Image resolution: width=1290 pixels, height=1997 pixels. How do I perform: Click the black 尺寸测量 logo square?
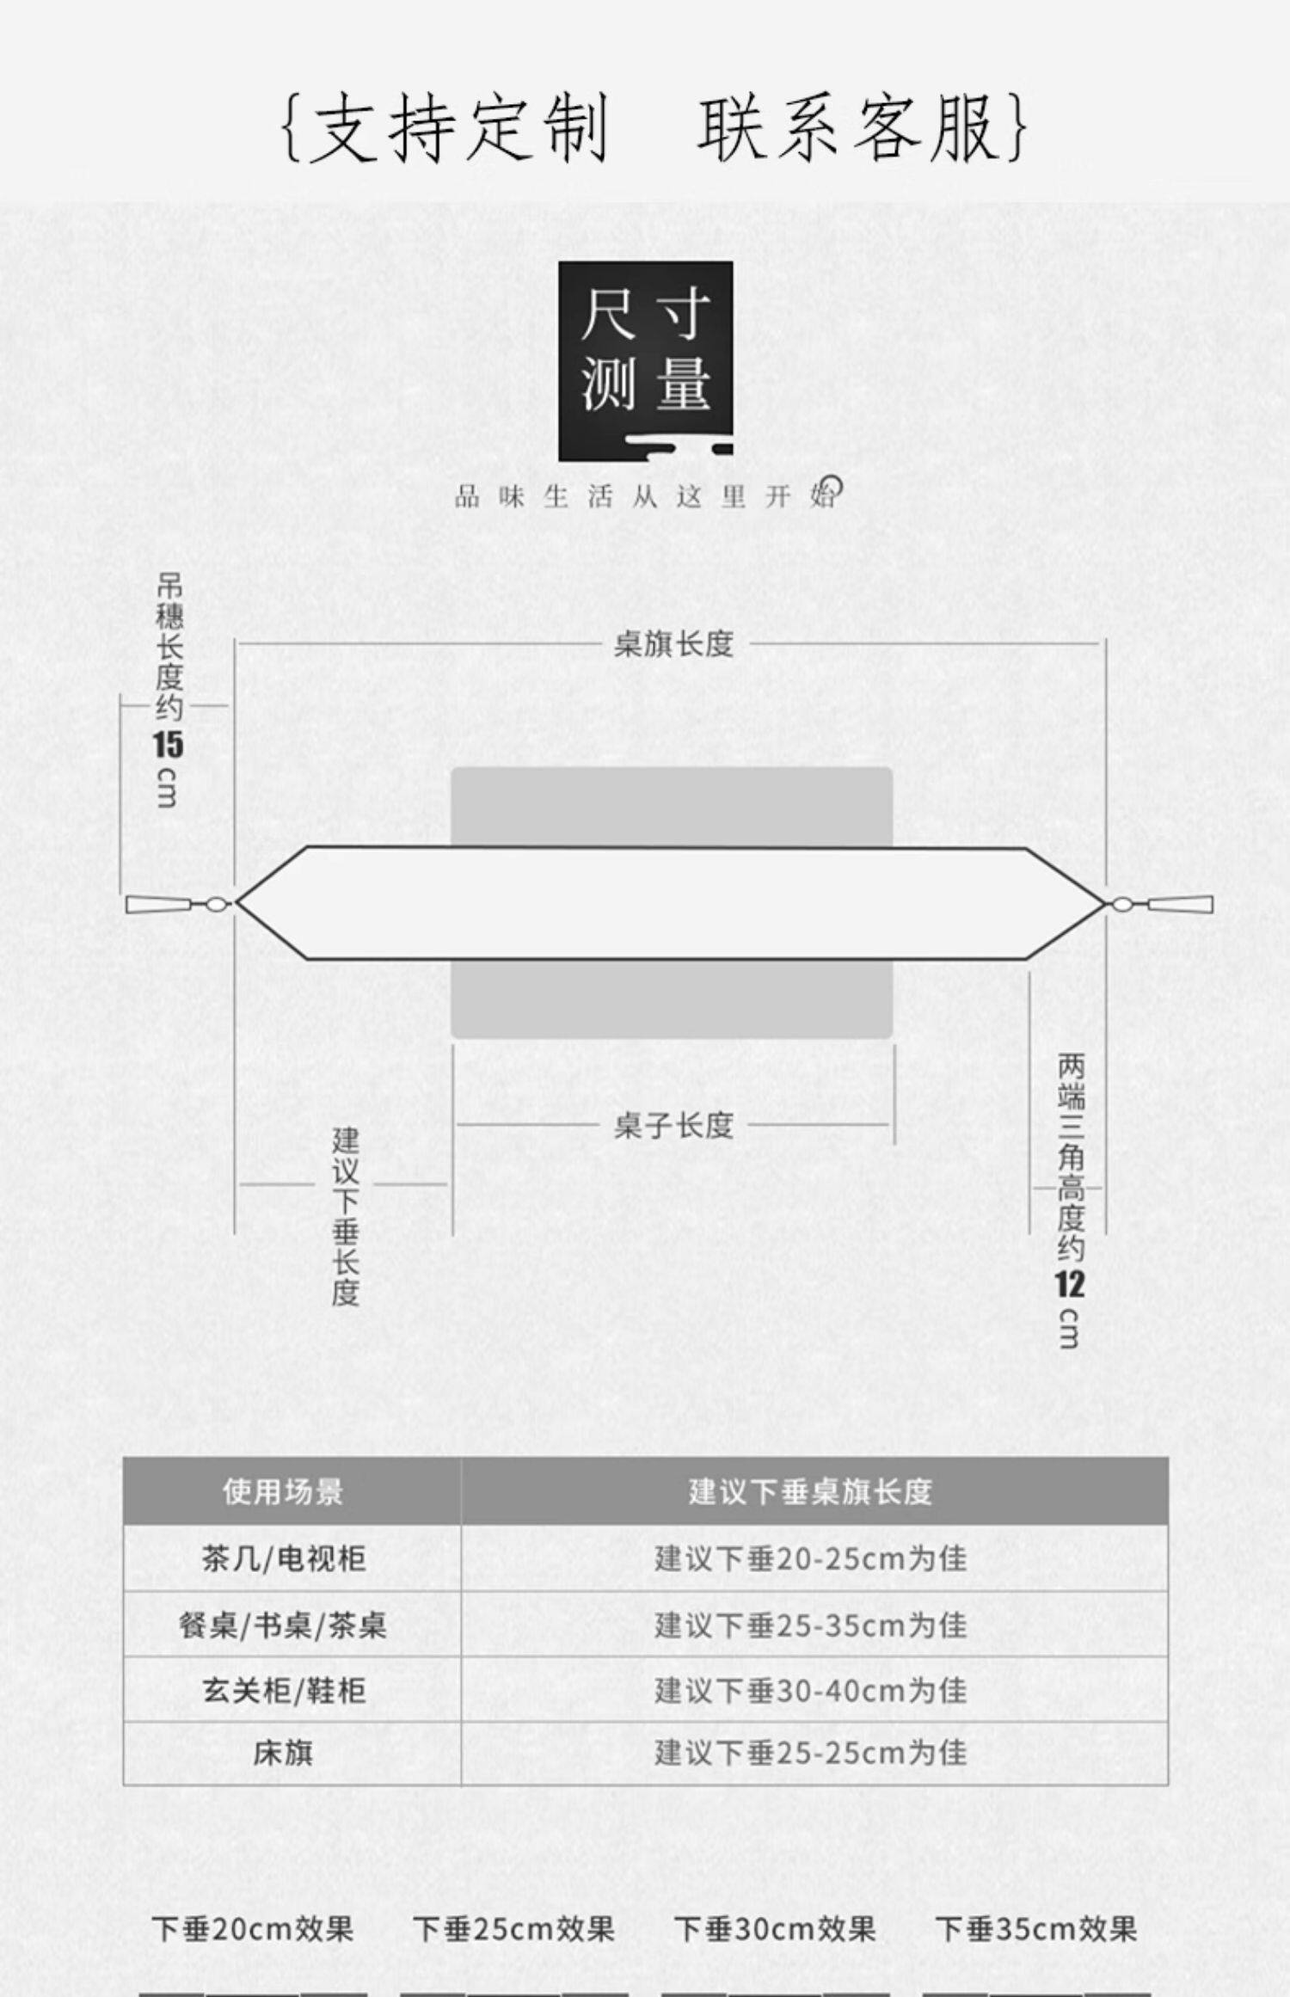click(646, 361)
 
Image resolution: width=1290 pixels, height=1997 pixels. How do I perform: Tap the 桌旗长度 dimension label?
click(673, 644)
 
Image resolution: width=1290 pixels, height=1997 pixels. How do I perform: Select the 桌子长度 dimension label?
click(673, 1125)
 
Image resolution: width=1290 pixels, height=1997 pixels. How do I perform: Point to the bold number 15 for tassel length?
click(169, 745)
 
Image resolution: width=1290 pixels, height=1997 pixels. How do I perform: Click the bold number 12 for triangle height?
click(1070, 1285)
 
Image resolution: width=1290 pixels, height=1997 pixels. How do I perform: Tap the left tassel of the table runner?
click(172, 904)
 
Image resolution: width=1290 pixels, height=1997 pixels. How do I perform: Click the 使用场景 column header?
click(283, 1492)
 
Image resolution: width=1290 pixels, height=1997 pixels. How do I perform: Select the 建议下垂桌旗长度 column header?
click(810, 1492)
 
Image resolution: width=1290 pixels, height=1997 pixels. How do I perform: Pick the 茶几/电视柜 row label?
click(284, 1558)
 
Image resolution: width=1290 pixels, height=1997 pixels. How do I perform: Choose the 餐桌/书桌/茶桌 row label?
click(283, 1625)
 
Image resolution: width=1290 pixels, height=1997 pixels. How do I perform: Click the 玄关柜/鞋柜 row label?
click(284, 1691)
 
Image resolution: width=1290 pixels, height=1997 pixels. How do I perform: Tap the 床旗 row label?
click(283, 1753)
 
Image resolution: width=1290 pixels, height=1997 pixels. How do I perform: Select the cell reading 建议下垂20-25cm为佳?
click(810, 1558)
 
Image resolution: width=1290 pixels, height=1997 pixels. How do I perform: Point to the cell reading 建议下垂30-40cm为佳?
click(810, 1691)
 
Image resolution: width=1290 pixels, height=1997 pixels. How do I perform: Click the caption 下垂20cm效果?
click(253, 1929)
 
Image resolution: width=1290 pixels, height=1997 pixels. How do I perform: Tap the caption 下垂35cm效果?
click(1036, 1929)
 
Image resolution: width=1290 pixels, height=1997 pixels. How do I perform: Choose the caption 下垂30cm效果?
click(775, 1929)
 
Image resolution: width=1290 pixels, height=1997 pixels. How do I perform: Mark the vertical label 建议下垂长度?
click(346, 1218)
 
